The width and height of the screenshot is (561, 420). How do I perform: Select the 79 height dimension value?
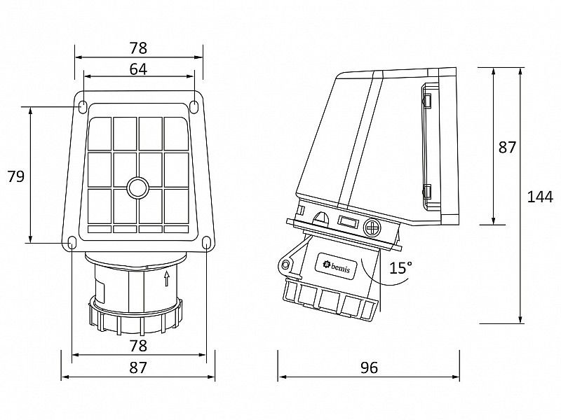coord(15,176)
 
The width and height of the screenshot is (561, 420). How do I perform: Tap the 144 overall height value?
coord(540,197)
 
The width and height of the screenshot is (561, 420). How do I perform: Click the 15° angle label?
coord(401,267)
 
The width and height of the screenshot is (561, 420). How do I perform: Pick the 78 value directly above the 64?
coord(138,48)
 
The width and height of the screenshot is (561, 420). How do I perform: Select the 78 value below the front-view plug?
coord(138,345)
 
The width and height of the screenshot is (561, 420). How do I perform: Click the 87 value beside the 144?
coord(507,147)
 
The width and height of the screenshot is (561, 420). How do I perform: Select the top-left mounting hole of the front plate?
coord(83,107)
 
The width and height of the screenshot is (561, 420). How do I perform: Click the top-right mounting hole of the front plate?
coord(194,107)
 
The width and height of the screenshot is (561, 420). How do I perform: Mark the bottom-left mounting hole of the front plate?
coord(72,242)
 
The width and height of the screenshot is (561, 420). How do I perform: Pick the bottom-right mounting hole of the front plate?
coord(205,242)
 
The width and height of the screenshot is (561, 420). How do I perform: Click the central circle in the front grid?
coord(137,188)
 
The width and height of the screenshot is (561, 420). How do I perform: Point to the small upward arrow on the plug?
coord(166,279)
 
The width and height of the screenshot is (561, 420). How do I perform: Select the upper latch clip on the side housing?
coord(426,102)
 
